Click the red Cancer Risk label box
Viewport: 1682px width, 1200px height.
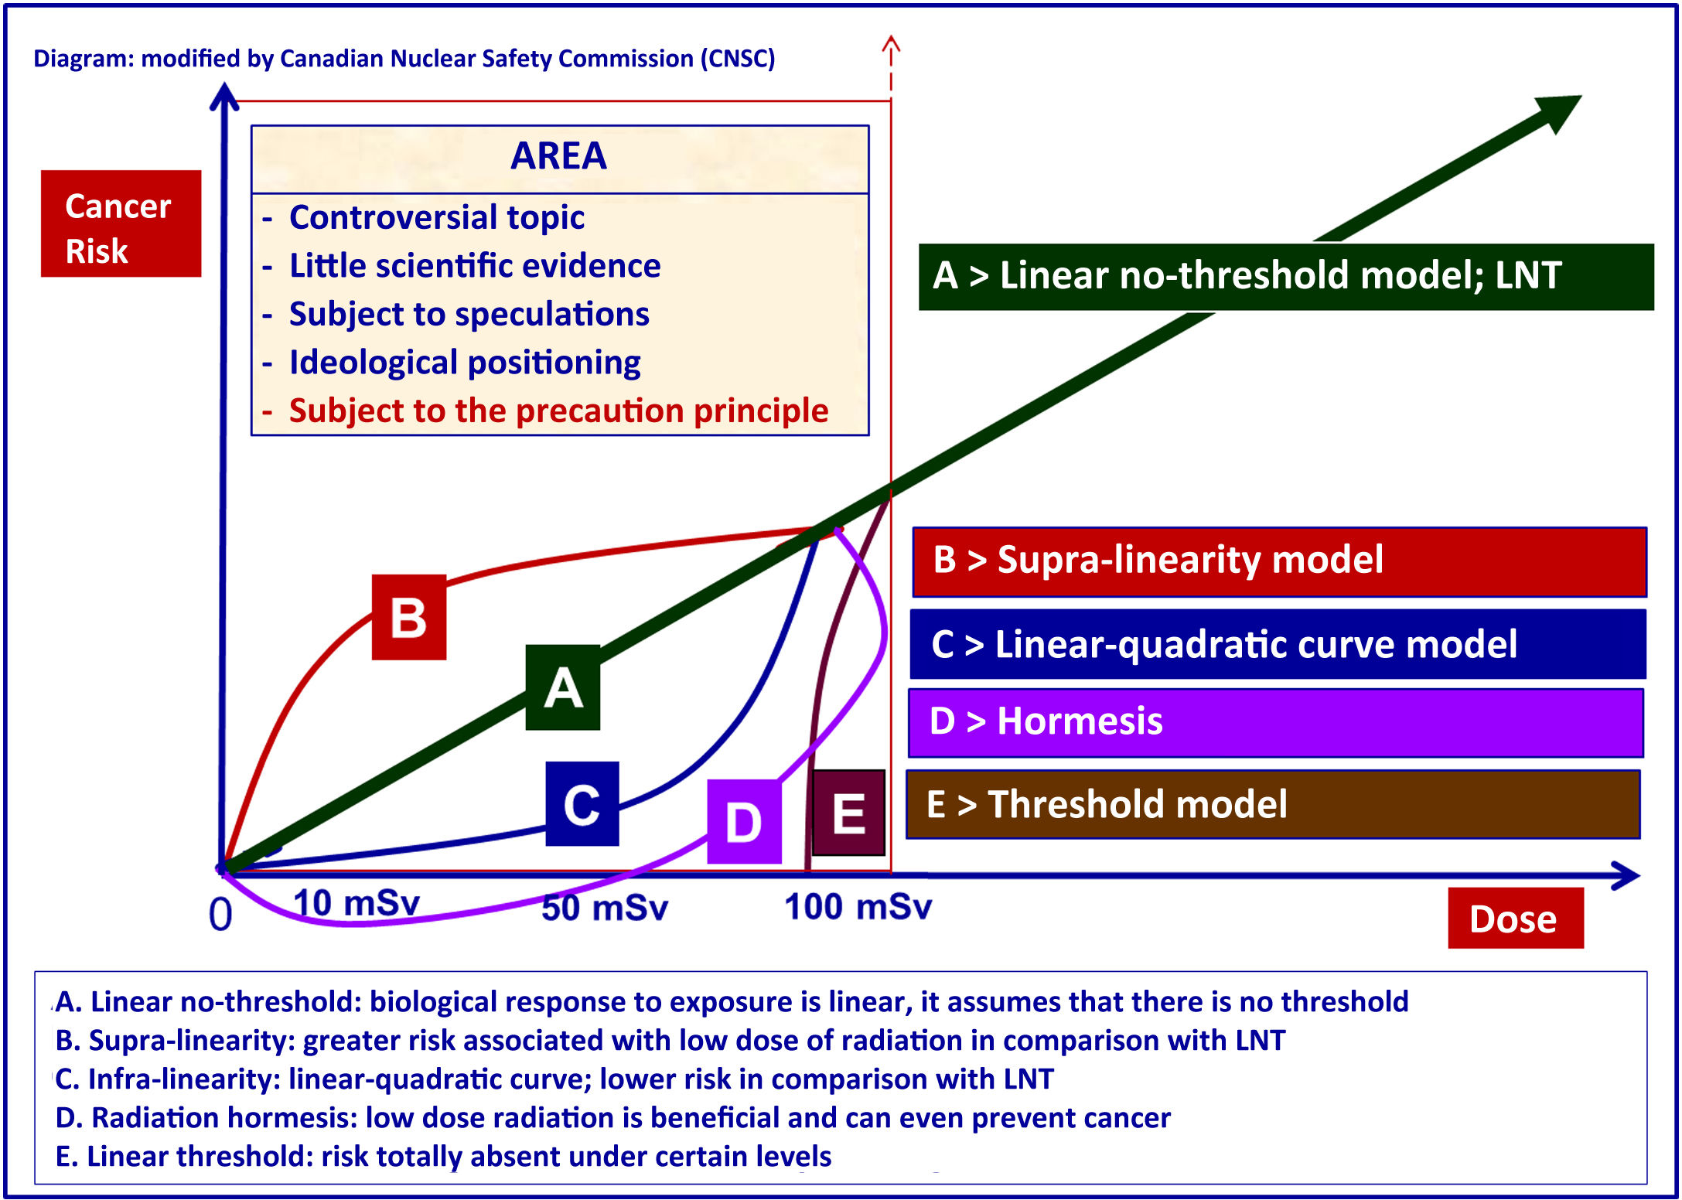click(x=121, y=223)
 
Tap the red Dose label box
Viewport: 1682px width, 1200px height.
click(x=1515, y=918)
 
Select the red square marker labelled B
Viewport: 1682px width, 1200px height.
click(x=409, y=617)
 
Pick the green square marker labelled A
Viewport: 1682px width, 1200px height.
click(x=563, y=687)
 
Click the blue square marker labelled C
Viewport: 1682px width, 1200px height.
click(x=582, y=803)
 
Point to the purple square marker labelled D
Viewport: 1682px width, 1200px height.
click(x=744, y=821)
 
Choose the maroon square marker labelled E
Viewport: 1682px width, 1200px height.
click(x=848, y=813)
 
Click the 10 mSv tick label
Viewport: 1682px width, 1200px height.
click(x=357, y=902)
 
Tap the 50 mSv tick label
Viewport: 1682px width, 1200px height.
click(x=604, y=907)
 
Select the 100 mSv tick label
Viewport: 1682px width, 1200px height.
click(x=858, y=906)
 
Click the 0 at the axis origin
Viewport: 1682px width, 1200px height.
click(x=220, y=915)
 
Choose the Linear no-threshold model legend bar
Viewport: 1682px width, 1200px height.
click(x=1285, y=276)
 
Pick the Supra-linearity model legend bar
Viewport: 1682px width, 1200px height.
click(x=1279, y=561)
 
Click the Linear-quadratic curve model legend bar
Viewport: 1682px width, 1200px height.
click(x=1278, y=644)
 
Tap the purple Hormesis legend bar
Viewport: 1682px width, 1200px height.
click(x=1275, y=722)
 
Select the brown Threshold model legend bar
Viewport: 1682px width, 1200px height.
click(x=1273, y=804)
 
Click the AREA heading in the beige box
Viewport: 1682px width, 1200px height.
click(x=559, y=157)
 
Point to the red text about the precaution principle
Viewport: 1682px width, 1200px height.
click(x=558, y=411)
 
